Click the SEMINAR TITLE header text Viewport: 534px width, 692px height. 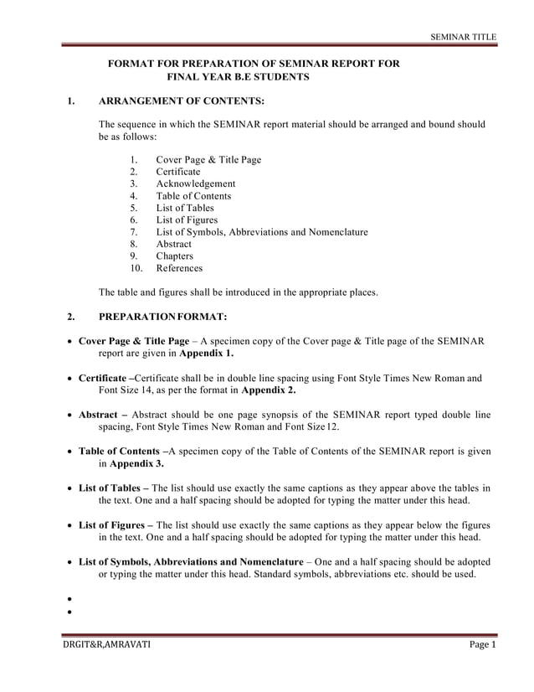pyautogui.click(x=463, y=38)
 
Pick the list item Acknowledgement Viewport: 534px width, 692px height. pyautogui.click(x=195, y=183)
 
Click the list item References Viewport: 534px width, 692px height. pyautogui.click(x=179, y=268)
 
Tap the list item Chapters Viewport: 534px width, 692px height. pyautogui.click(x=174, y=256)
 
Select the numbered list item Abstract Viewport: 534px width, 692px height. pyautogui.click(x=173, y=244)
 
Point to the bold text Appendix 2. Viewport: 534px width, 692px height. pyautogui.click(x=268, y=390)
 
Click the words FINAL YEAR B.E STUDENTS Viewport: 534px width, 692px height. pyautogui.click(x=239, y=77)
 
